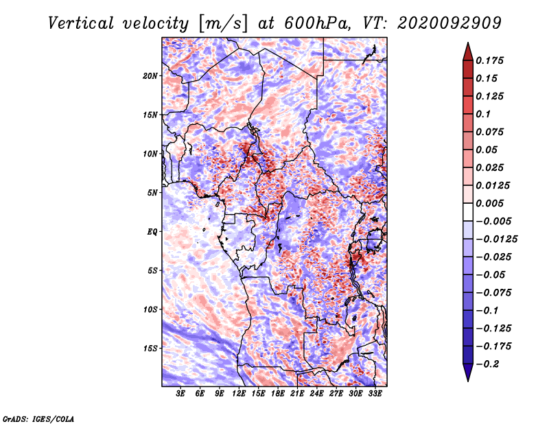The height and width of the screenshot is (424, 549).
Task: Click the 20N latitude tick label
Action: tap(150, 76)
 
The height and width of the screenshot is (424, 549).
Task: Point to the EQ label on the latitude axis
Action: tap(152, 232)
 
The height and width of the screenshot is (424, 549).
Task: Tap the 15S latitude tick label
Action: tap(150, 349)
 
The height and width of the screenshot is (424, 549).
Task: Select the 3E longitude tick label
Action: tap(180, 394)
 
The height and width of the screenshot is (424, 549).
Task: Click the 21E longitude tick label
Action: tap(297, 394)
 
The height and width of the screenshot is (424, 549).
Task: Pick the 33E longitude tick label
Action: tap(375, 394)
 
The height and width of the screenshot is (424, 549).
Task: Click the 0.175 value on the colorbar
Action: tap(489, 60)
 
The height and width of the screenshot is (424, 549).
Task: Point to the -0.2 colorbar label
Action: tap(487, 364)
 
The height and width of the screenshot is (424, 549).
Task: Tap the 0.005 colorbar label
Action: tap(489, 203)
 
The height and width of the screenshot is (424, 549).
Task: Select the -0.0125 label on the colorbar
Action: tap(496, 239)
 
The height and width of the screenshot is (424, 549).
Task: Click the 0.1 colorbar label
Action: tap(483, 114)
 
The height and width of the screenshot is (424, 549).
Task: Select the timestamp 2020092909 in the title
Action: tap(449, 23)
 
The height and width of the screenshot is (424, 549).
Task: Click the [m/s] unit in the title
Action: tap(223, 24)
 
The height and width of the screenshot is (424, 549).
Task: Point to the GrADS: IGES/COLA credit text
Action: tap(38, 419)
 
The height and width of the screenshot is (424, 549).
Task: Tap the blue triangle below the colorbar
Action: tap(468, 372)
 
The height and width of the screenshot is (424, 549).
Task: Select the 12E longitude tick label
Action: tap(238, 394)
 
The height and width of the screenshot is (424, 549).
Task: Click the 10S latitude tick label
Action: tap(150, 309)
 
